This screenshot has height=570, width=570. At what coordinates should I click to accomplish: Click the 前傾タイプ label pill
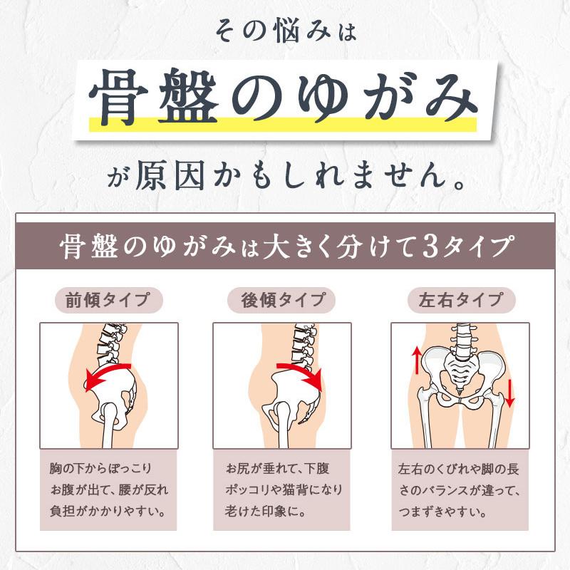pyautogui.click(x=109, y=300)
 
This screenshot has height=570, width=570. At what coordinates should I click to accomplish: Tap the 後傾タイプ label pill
pyautogui.click(x=281, y=300)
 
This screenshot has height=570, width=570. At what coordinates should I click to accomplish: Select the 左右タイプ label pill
pyautogui.click(x=462, y=300)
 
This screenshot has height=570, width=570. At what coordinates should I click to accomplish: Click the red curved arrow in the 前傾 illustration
pyautogui.click(x=105, y=371)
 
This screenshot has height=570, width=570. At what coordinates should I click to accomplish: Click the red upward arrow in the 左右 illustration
pyautogui.click(x=417, y=361)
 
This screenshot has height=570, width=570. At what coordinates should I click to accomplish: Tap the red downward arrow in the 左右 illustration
pyautogui.click(x=510, y=393)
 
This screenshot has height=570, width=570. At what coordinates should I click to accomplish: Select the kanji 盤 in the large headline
pyautogui.click(x=188, y=96)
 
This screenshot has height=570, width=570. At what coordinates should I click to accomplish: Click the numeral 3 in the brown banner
pyautogui.click(x=430, y=246)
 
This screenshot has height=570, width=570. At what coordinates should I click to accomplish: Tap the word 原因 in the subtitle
pyautogui.click(x=170, y=175)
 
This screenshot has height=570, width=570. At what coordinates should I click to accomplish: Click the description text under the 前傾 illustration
pyautogui.click(x=109, y=489)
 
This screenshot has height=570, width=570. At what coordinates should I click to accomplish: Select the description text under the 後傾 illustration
pyautogui.click(x=284, y=489)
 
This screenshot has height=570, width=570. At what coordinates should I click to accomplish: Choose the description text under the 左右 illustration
pyautogui.click(x=459, y=490)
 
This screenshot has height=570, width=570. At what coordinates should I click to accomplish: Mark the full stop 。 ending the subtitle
pyautogui.click(x=460, y=185)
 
